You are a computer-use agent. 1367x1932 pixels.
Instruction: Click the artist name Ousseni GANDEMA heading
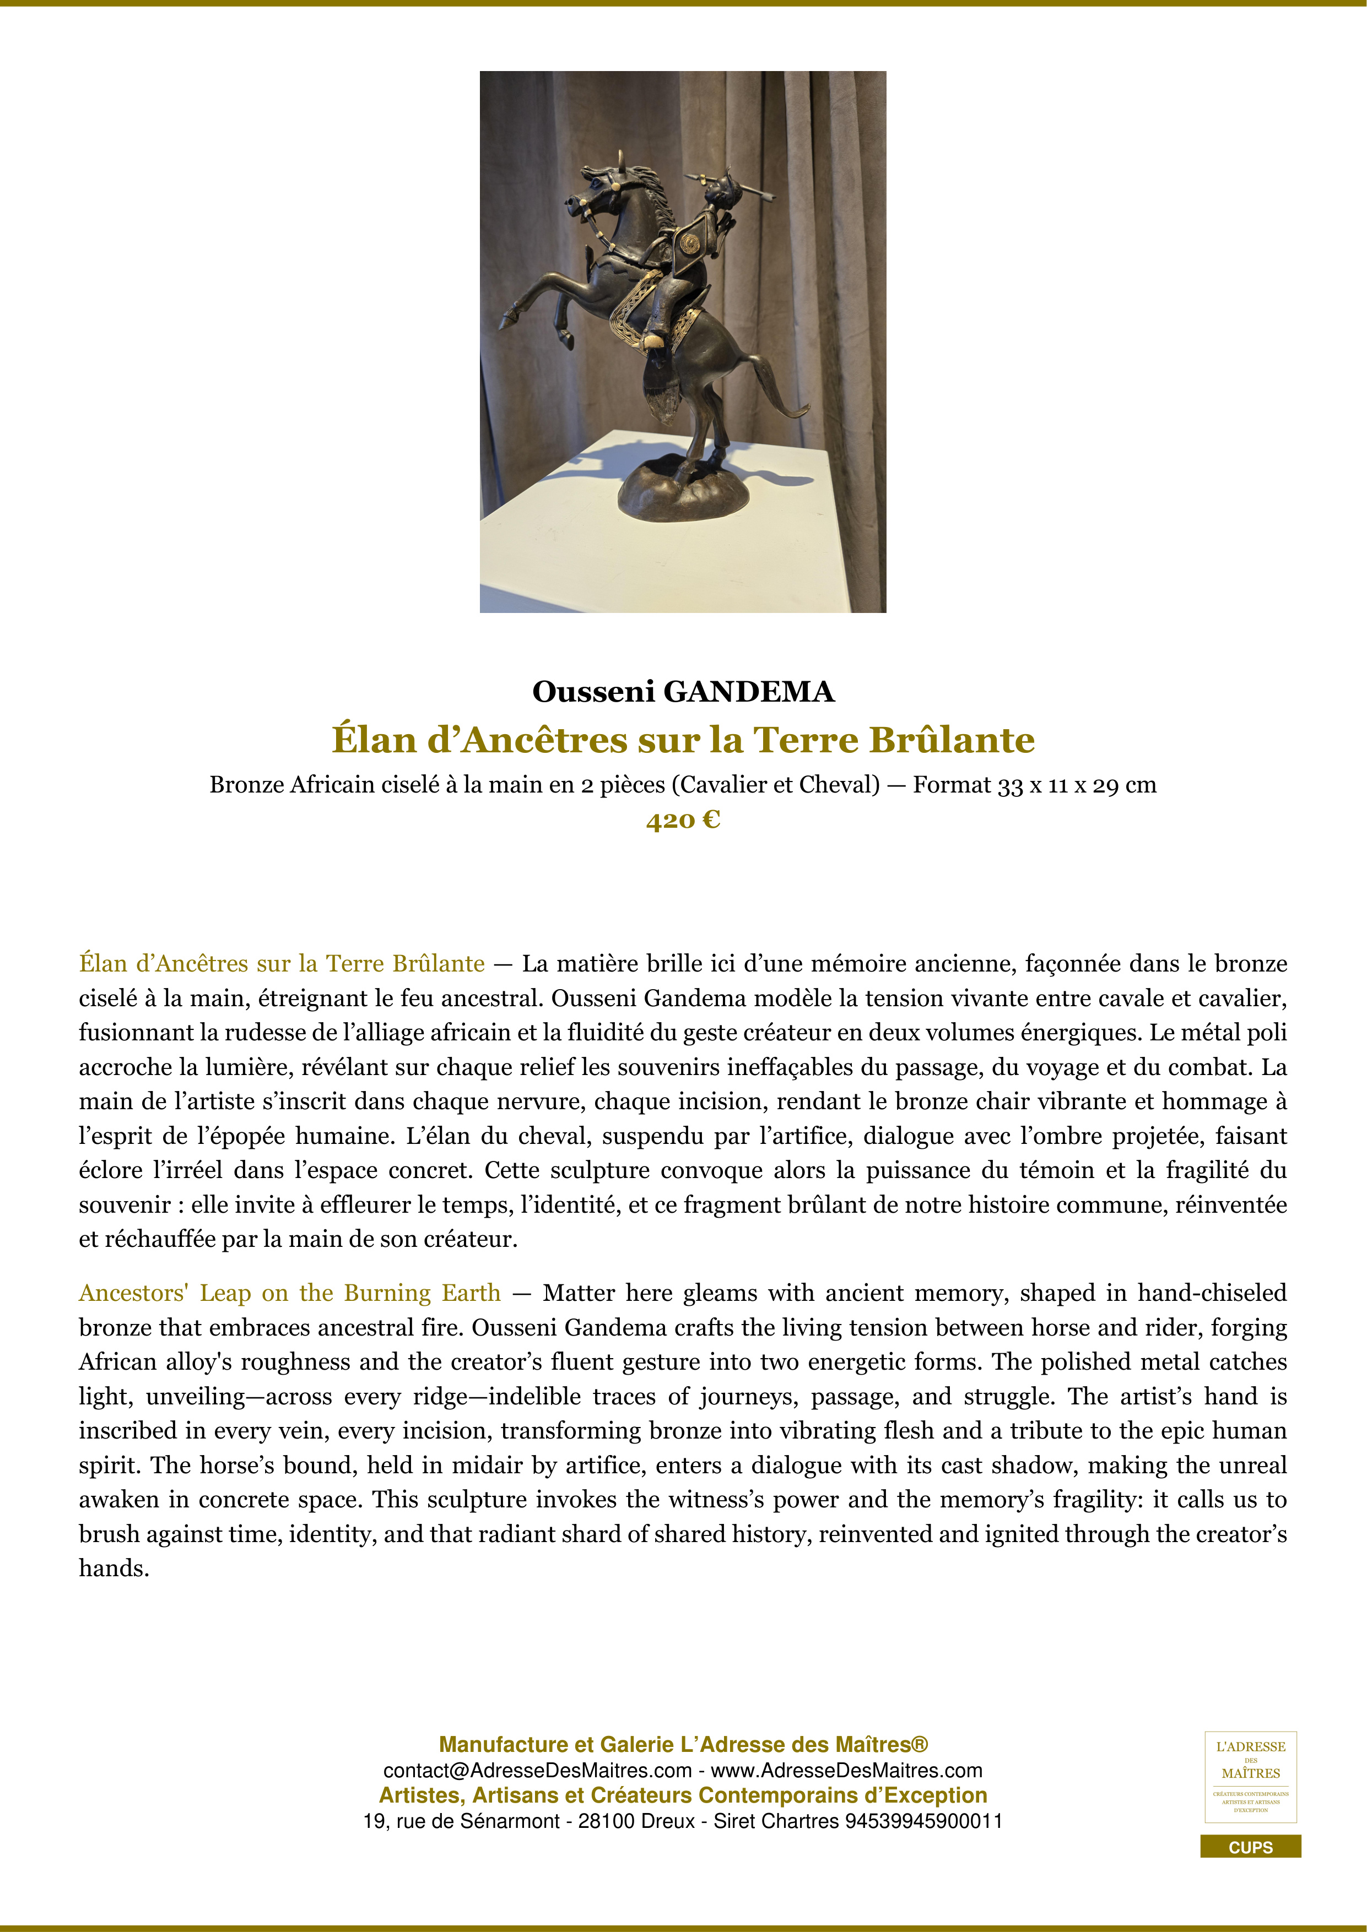click(683, 692)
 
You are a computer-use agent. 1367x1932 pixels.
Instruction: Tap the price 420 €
click(683, 820)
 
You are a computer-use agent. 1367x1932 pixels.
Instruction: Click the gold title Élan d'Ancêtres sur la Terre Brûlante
click(683, 740)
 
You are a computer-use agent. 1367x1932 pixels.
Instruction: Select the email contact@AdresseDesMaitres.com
click(537, 1771)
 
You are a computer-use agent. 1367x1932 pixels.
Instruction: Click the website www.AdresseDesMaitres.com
click(847, 1771)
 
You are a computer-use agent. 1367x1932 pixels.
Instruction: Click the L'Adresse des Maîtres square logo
click(1250, 1776)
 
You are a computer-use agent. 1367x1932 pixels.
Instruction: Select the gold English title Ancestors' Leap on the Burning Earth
click(290, 1293)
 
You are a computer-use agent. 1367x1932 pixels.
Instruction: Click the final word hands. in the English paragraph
click(114, 1569)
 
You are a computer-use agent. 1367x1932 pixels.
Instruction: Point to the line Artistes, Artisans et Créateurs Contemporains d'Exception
click(683, 1795)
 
